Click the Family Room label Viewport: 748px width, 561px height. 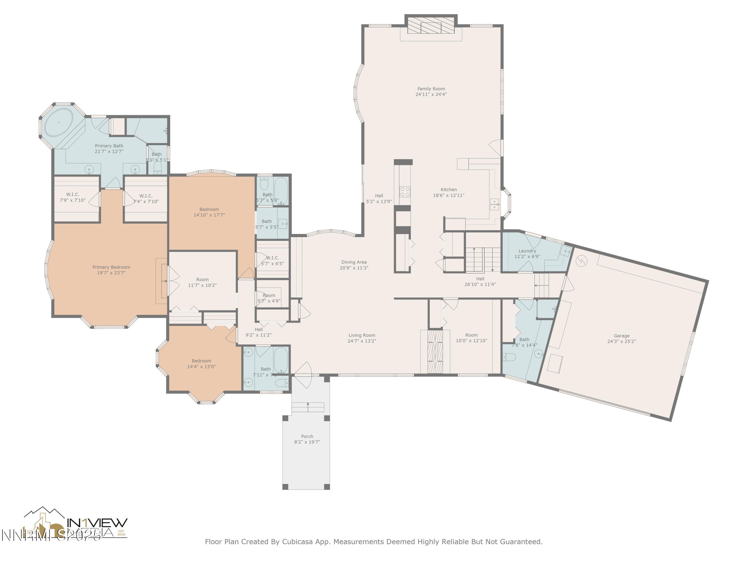(x=431, y=89)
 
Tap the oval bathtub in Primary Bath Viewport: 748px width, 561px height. (x=59, y=122)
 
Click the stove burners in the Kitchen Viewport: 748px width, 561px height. (x=405, y=192)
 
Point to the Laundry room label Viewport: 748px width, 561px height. (x=527, y=251)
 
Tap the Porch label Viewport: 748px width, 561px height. (x=307, y=436)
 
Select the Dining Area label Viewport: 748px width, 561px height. (x=354, y=262)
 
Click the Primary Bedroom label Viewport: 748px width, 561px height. (x=111, y=267)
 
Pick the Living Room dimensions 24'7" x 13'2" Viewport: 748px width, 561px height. (x=362, y=341)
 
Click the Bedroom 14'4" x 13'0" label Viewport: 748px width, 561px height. (x=201, y=361)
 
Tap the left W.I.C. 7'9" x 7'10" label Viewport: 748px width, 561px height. (x=73, y=194)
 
